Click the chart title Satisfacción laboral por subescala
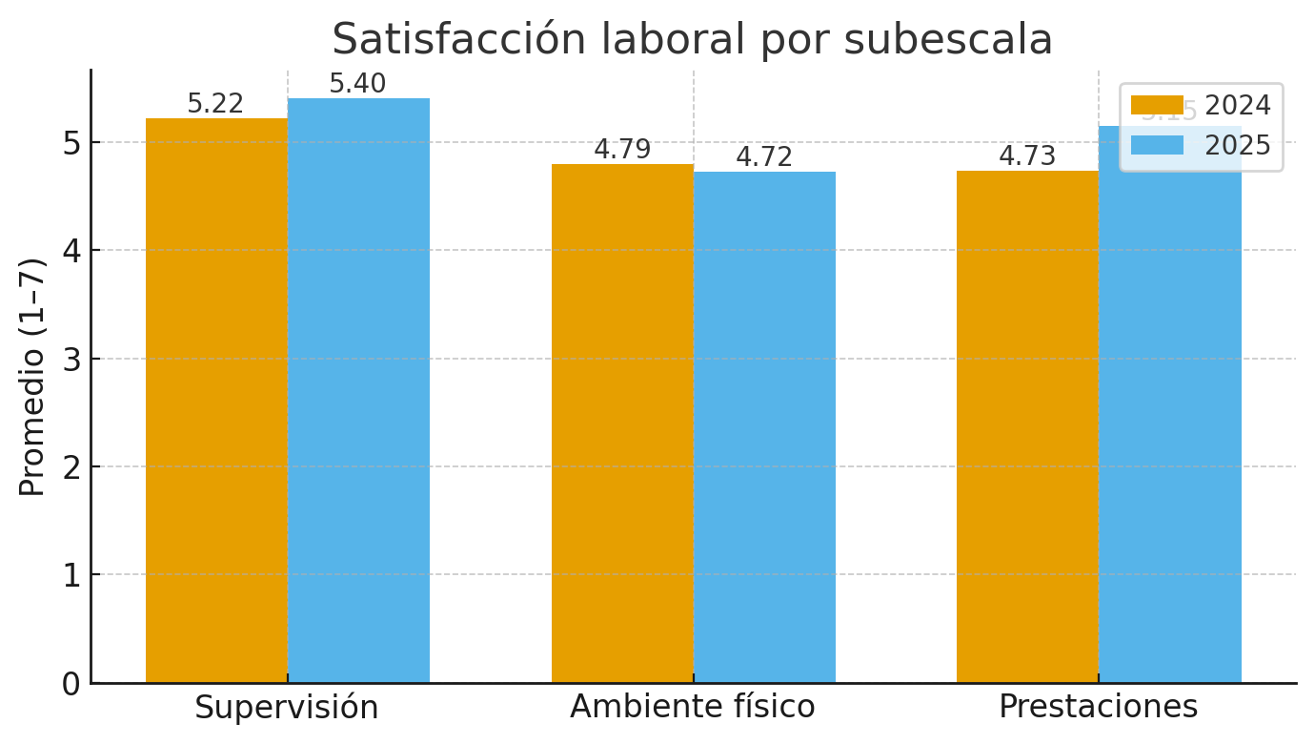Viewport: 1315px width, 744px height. coord(692,40)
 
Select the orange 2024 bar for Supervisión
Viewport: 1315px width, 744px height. coord(216,401)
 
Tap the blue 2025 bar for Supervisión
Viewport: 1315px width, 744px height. coord(358,391)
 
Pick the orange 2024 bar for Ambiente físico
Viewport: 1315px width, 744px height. coord(622,424)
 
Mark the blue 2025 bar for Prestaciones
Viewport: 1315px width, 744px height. coord(1170,429)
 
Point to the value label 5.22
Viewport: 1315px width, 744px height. coord(215,104)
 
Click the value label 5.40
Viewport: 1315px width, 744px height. coord(357,84)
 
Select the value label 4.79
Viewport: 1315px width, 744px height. coord(622,150)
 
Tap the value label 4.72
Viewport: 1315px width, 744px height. coord(764,157)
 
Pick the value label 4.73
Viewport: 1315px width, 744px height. coord(1027,156)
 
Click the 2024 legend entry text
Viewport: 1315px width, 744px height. coord(1237,106)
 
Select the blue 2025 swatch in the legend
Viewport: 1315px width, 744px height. coord(1157,145)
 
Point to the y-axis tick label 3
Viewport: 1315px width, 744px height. coord(70,359)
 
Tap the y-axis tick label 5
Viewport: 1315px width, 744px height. coord(70,143)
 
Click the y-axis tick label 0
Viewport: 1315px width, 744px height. coord(70,684)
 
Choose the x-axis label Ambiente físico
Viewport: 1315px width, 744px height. coord(693,708)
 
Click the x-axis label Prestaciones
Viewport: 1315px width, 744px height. coord(1098,708)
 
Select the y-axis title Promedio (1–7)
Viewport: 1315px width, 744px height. coord(32,377)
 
